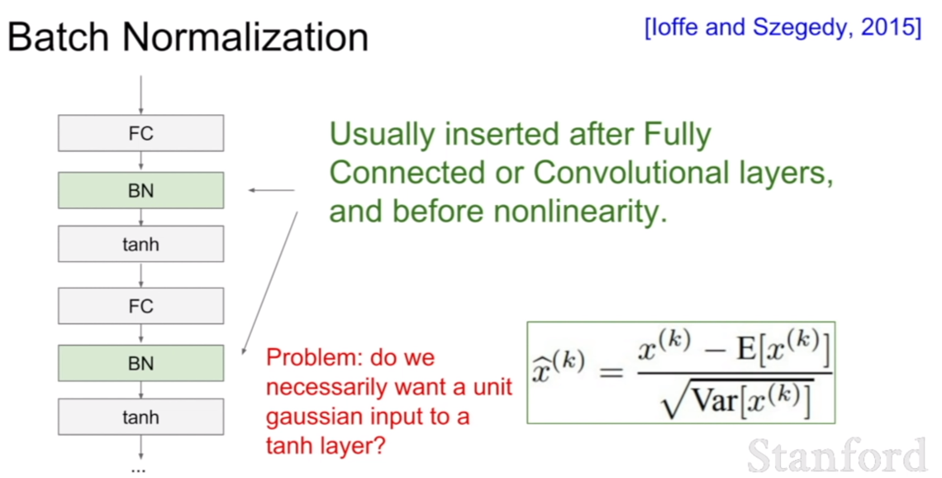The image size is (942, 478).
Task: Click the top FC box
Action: (x=140, y=133)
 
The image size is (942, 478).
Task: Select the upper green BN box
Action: (x=140, y=190)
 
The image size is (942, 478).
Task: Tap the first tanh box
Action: (x=140, y=244)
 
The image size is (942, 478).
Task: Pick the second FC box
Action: (x=140, y=306)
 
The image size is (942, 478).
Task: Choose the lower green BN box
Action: (x=140, y=363)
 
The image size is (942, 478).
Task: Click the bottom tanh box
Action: (x=140, y=417)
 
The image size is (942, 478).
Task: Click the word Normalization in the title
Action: (x=245, y=37)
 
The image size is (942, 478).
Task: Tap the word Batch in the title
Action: (x=59, y=37)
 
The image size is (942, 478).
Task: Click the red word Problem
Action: (x=314, y=357)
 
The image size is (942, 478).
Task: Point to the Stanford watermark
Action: (x=837, y=455)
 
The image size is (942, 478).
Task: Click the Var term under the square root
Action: (x=715, y=399)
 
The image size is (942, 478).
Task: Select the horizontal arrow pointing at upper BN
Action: (x=272, y=190)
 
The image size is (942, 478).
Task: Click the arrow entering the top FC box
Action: (x=140, y=95)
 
